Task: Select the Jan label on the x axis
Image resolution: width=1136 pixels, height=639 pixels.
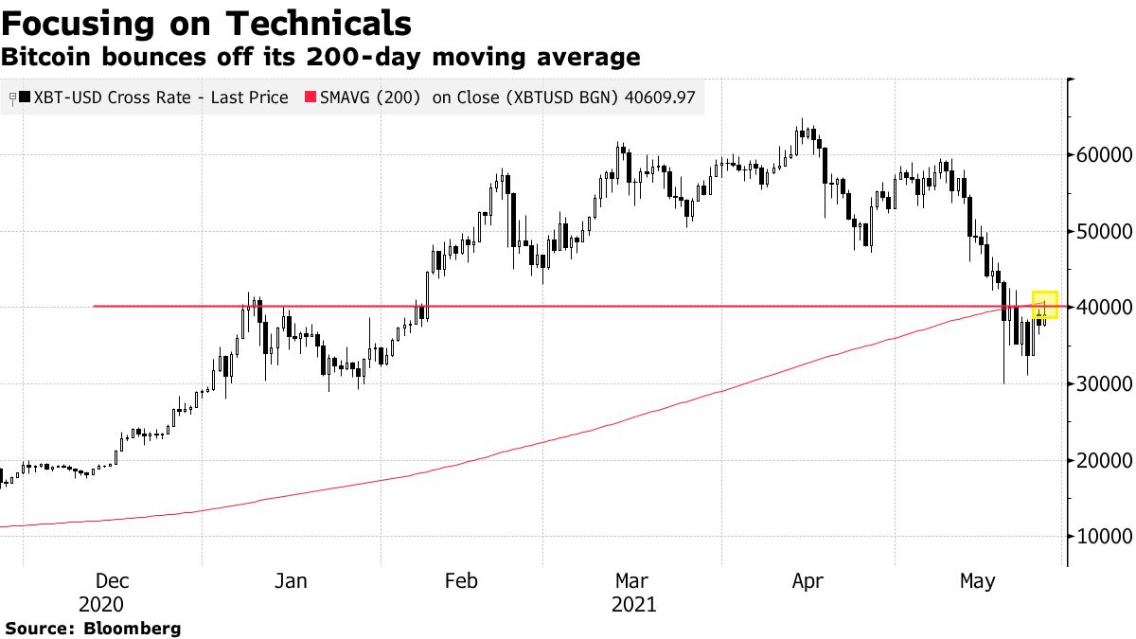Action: point(291,581)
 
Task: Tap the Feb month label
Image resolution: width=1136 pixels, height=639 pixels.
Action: point(461,581)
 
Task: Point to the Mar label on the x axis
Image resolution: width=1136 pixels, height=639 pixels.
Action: point(631,581)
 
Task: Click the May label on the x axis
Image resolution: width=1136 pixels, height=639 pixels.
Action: point(977,581)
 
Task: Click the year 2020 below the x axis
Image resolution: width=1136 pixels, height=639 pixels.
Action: point(101,604)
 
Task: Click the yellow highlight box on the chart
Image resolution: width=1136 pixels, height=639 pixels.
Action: point(1044,305)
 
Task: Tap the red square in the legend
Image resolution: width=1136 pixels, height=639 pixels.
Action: point(309,98)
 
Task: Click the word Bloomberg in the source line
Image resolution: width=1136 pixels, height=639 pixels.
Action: point(133,628)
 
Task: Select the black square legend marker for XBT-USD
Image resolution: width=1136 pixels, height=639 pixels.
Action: point(25,98)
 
